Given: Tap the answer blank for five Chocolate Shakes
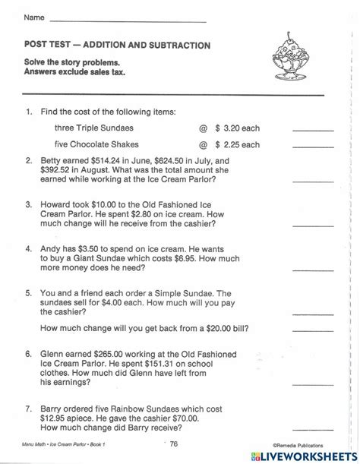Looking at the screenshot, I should click(312, 147).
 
